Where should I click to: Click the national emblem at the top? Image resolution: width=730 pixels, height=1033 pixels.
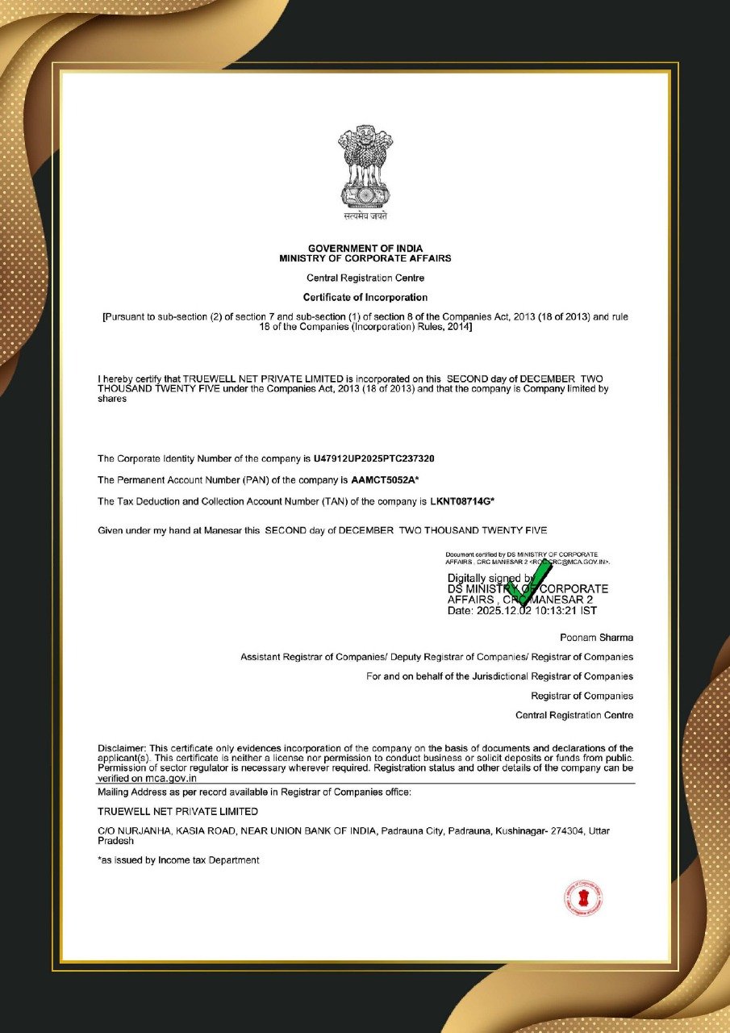pos(365,166)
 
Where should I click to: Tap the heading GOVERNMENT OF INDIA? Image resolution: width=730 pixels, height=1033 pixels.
pos(365,248)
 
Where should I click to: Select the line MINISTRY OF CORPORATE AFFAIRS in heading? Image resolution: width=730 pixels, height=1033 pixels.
pos(365,258)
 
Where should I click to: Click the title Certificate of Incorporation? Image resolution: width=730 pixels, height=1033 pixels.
pos(365,298)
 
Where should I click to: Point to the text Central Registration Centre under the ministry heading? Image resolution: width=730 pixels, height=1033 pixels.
pos(365,278)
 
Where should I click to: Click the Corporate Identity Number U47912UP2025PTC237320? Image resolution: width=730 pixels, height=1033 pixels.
pos(373,458)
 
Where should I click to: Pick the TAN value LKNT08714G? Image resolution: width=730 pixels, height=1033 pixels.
pos(460,501)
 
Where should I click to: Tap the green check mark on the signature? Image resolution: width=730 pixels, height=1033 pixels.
pos(528,583)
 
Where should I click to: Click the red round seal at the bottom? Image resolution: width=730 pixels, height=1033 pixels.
pos(583,899)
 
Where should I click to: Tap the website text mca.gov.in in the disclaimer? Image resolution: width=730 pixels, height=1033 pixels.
pos(170,778)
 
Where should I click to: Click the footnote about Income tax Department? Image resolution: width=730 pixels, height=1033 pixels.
pos(178,860)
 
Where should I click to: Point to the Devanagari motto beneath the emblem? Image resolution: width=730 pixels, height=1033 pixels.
pos(365,216)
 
